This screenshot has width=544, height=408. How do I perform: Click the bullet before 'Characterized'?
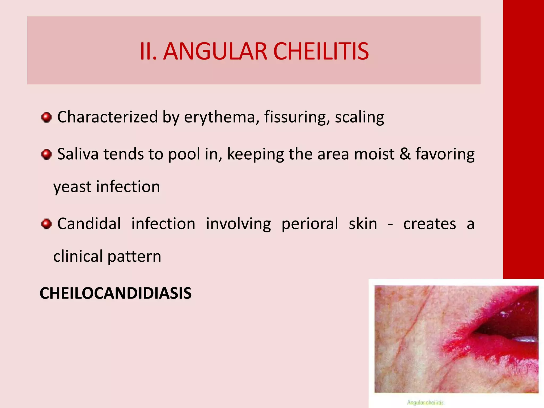pyautogui.click(x=46, y=117)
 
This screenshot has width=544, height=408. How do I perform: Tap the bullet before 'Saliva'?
pyautogui.click(x=46, y=154)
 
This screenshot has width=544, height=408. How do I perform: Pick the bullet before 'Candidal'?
pyautogui.click(x=46, y=224)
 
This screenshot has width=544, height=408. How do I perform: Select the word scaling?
pyautogui.click(x=359, y=117)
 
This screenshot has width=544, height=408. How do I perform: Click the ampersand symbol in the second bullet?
pyautogui.click(x=405, y=154)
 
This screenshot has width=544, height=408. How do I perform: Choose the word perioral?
pyautogui.click(x=310, y=224)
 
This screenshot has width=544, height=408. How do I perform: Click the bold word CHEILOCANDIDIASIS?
pyautogui.click(x=116, y=293)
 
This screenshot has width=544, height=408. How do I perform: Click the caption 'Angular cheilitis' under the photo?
pyautogui.click(x=425, y=402)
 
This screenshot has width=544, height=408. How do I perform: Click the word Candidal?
pyautogui.click(x=89, y=224)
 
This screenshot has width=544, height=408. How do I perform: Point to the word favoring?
pyautogui.click(x=445, y=155)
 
